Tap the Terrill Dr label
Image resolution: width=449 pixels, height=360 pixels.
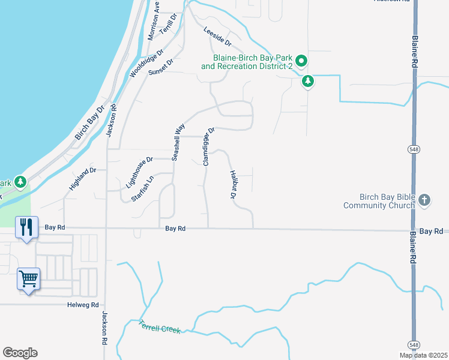[x=170, y=25]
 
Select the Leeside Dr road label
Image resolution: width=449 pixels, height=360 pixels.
[x=217, y=37]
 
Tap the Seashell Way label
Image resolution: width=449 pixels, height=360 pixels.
[x=178, y=142]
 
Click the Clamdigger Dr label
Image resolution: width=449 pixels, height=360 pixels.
[x=208, y=146]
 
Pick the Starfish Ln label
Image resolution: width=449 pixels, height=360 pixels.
[x=142, y=188]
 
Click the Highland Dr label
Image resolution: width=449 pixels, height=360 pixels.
[x=83, y=179]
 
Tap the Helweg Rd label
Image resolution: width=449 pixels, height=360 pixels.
[x=83, y=305]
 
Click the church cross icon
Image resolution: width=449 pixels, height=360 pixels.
[x=424, y=199]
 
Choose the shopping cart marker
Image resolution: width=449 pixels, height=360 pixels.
[x=28, y=278]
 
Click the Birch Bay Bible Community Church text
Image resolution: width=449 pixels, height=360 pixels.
[x=379, y=201]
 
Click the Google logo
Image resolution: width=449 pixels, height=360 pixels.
[x=20, y=353]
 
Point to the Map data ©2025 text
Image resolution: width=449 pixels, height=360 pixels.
[x=423, y=355]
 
